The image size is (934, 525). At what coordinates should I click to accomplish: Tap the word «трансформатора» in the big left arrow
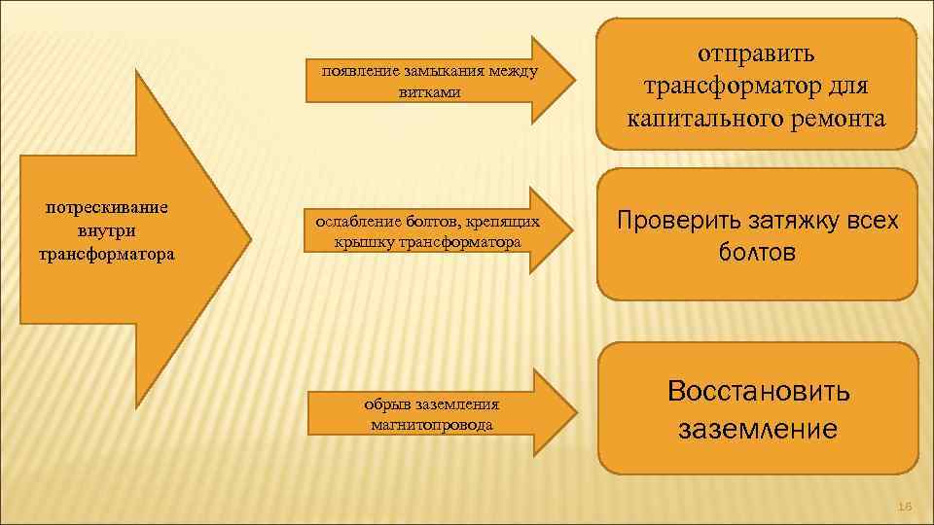coord(107,255)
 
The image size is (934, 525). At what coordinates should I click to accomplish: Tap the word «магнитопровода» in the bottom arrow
coord(432,425)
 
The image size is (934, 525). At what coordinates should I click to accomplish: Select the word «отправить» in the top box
coord(757,52)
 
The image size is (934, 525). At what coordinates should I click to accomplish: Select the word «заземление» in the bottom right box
coord(758,429)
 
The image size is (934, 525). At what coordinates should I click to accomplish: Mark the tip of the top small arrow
coord(575,80)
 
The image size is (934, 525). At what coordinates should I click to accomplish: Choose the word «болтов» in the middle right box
coord(757,254)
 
